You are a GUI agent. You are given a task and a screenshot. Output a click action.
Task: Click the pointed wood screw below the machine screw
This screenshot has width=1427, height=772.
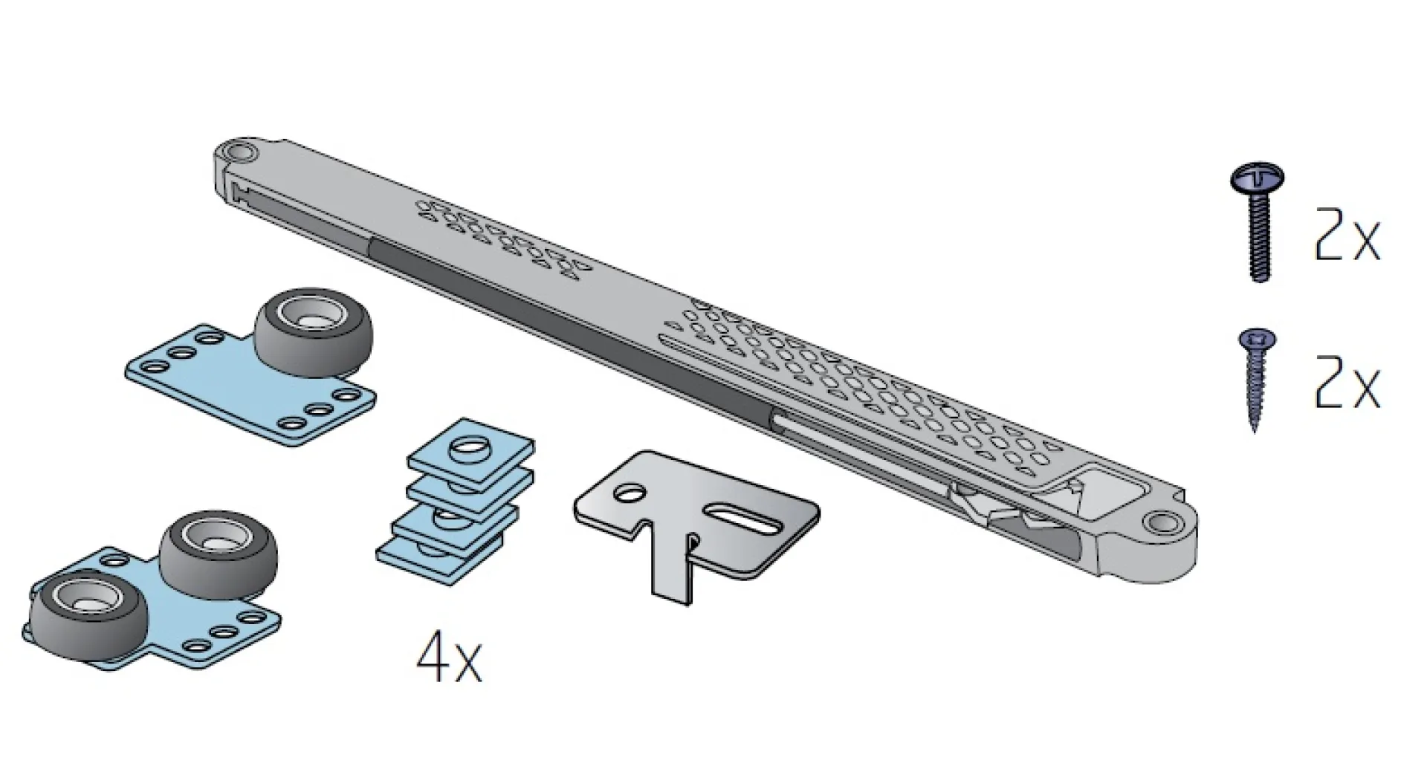pyautogui.click(x=1256, y=379)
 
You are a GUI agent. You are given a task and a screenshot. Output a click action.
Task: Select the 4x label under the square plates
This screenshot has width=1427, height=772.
pyautogui.click(x=449, y=658)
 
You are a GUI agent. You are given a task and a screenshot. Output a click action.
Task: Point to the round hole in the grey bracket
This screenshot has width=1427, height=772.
pyautogui.click(x=630, y=493)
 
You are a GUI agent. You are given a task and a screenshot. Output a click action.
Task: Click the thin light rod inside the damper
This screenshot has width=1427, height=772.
pyautogui.click(x=855, y=446)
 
